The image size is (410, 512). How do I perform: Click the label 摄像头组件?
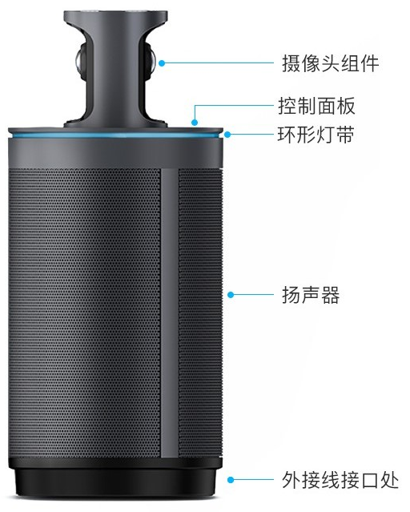pyautogui.click(x=331, y=63)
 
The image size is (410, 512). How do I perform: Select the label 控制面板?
pyautogui.click(x=316, y=106)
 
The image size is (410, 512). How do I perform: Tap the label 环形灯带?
pyautogui.click(x=316, y=135)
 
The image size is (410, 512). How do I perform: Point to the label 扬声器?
pyautogui.click(x=311, y=295)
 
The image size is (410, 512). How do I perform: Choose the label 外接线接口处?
pyautogui.click(x=340, y=480)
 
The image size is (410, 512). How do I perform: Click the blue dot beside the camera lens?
pyautogui.click(x=162, y=62)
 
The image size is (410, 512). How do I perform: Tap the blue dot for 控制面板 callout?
pyautogui.click(x=195, y=123)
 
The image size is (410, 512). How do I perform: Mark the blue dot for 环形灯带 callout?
pyautogui.click(x=227, y=134)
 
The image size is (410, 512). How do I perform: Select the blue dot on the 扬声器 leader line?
pyautogui.click(x=231, y=295)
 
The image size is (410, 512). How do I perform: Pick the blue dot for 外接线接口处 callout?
pyautogui.click(x=231, y=480)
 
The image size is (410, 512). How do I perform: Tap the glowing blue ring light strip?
pyautogui.click(x=115, y=135)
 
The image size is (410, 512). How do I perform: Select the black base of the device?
pyautogui.click(x=115, y=478)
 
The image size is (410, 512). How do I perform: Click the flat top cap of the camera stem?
pyautogui.click(x=115, y=16)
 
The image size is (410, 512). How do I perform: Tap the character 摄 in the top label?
pyautogui.click(x=291, y=63)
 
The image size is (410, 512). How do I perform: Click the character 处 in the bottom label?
pyautogui.click(x=389, y=480)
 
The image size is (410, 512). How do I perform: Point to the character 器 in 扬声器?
pyautogui.click(x=331, y=295)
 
